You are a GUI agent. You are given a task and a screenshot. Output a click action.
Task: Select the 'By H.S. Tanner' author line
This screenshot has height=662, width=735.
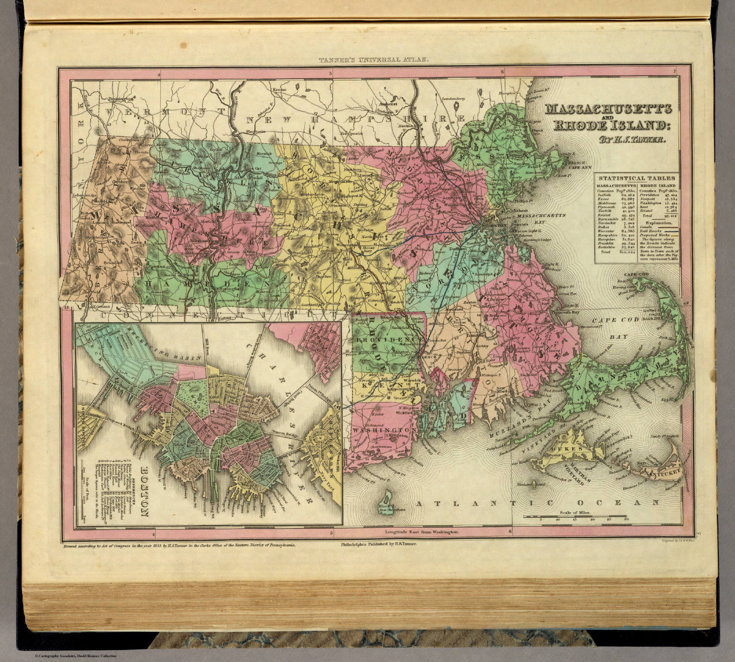(x=617, y=140)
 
